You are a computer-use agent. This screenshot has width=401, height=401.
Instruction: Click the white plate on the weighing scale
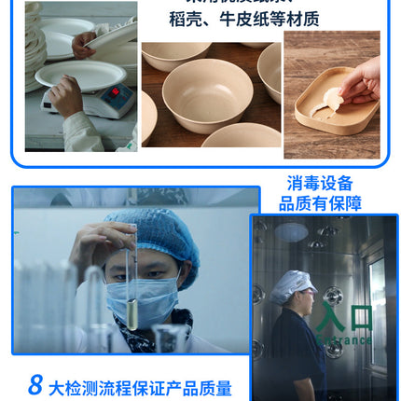67,74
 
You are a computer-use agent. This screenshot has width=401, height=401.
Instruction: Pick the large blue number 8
35,384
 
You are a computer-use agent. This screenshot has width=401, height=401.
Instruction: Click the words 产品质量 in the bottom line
200,388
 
